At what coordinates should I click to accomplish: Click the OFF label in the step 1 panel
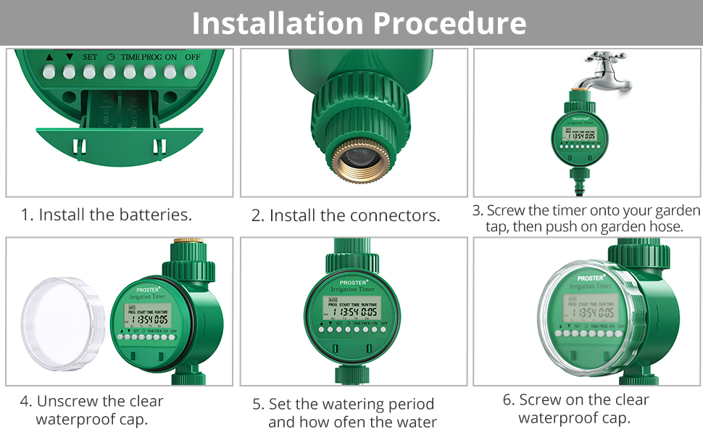(x=192, y=57)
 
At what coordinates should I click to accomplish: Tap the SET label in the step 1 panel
(x=90, y=57)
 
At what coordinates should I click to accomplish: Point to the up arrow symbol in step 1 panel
(x=49, y=57)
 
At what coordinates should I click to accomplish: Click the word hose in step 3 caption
(x=667, y=226)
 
